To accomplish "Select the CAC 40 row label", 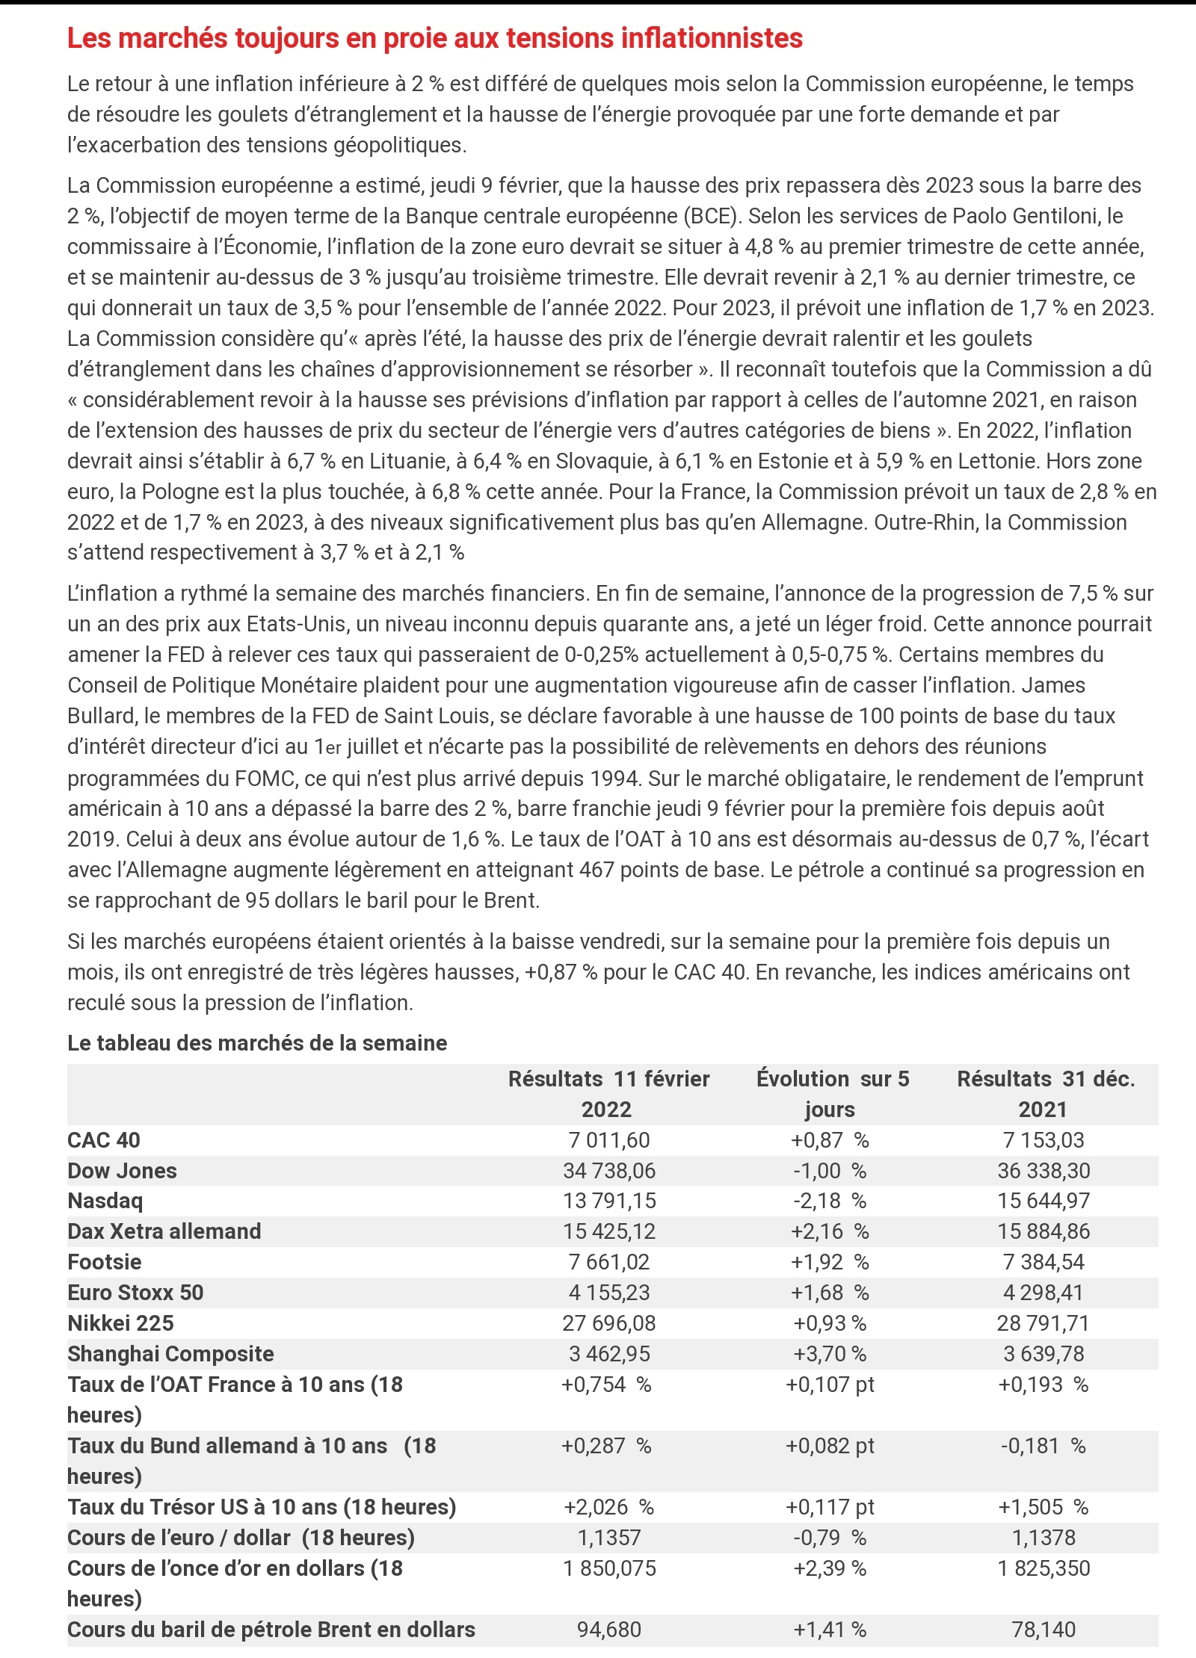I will [104, 1139].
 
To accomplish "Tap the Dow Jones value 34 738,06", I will [609, 1170].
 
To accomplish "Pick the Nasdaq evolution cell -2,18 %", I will [830, 1201].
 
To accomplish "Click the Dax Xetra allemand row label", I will [164, 1231].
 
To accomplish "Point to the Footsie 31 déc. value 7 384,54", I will [1044, 1262].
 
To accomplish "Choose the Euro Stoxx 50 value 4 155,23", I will [609, 1293].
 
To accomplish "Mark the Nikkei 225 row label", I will [120, 1323].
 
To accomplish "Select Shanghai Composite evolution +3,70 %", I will [830, 1354].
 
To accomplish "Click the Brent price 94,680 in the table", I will [609, 1630].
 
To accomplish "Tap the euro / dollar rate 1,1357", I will [609, 1538].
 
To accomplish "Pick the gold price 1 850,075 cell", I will [609, 1568].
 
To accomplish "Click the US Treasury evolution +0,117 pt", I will [830, 1507].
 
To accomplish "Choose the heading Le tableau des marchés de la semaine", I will [257, 1043].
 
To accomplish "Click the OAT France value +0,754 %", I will [606, 1385].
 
